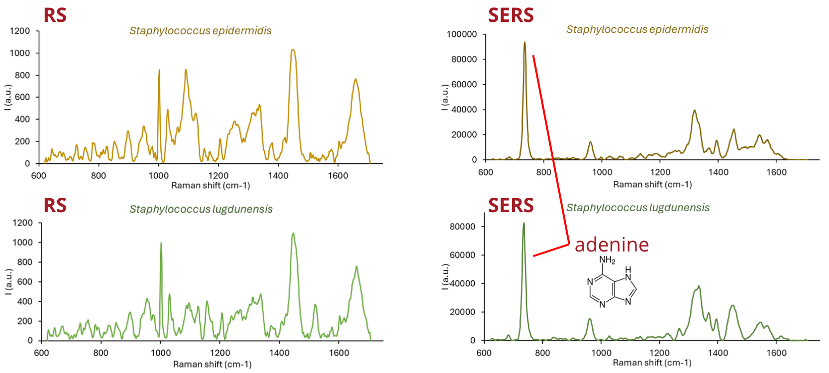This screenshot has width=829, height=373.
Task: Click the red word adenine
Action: (x=612, y=245)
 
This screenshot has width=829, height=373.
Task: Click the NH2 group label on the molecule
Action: (x=607, y=260)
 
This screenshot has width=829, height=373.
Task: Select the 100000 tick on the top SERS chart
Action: (x=462, y=34)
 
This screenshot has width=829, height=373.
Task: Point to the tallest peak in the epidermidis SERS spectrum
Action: (x=524, y=43)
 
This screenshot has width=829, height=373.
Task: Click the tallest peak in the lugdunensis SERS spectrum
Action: (x=523, y=224)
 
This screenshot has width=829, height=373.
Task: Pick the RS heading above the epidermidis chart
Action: (x=55, y=15)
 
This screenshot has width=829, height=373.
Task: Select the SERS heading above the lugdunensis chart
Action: (x=511, y=205)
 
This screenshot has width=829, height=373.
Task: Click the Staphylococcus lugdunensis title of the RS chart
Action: (x=201, y=209)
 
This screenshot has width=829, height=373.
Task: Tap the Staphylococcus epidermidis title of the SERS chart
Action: (x=637, y=29)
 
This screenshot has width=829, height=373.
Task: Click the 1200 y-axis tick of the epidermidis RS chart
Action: (x=20, y=31)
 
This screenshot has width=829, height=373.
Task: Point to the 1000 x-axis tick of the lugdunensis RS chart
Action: (x=160, y=353)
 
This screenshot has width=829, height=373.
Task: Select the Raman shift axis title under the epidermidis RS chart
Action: (x=210, y=185)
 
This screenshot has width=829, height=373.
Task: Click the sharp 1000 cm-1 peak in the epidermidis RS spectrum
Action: (x=159, y=70)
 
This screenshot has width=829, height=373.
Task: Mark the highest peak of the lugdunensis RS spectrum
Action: (x=293, y=234)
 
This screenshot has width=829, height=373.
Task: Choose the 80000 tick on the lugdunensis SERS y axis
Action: (x=462, y=227)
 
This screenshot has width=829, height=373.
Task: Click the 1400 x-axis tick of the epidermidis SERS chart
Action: (x=718, y=172)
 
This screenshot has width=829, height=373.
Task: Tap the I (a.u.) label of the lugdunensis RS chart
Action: (x=8, y=281)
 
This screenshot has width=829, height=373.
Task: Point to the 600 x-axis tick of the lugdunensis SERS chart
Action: (x=484, y=353)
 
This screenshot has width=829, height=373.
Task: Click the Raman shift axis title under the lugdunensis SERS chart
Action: (x=652, y=363)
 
